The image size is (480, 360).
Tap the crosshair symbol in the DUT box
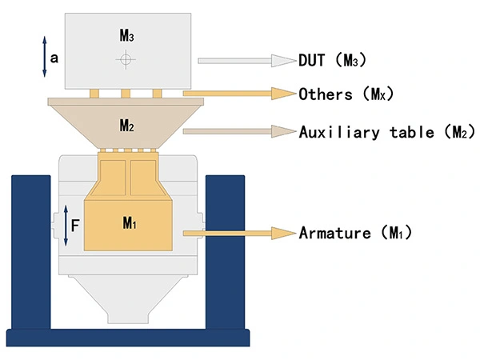[x=124, y=58]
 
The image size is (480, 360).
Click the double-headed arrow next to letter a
[x=45, y=58]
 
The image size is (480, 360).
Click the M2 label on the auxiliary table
[x=126, y=125]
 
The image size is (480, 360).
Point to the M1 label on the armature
[x=130, y=223]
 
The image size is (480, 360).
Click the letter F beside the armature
[x=74, y=226]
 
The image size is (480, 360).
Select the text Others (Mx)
[x=346, y=94]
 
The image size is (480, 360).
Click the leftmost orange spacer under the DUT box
[x=94, y=93]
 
